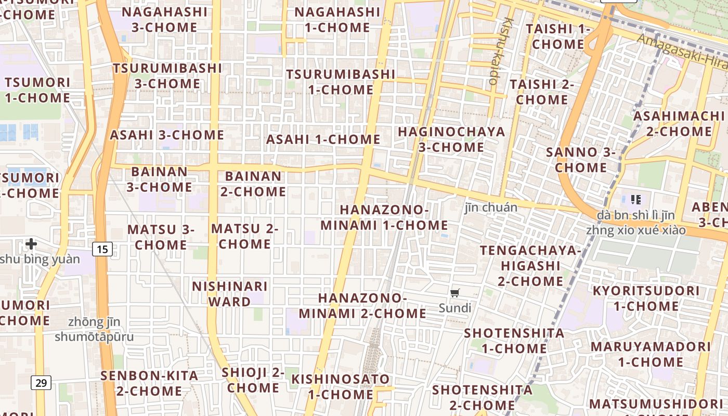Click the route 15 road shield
(102, 249)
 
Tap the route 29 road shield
(41, 383)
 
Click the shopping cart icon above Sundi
(455, 293)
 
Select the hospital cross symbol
(31, 243)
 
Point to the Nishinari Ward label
(230, 294)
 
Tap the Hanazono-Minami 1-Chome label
(384, 217)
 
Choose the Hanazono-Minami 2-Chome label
(362, 306)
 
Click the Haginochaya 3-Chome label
(451, 139)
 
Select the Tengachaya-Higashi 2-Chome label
(530, 266)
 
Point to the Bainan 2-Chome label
(253, 184)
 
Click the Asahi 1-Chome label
(323, 139)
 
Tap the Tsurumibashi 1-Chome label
(341, 82)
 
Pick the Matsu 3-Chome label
(161, 237)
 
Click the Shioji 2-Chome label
(253, 380)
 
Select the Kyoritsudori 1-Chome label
(646, 298)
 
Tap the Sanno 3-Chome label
(581, 160)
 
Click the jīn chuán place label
(491, 207)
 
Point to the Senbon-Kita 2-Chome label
(149, 383)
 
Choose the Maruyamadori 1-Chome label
(651, 354)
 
